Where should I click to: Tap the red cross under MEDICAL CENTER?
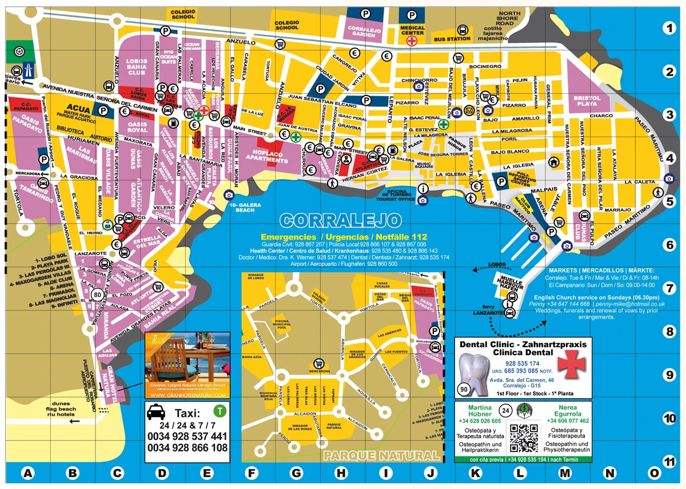coord(412,41)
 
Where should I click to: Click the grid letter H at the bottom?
coord(341,474)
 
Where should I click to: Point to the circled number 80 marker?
coord(97,295)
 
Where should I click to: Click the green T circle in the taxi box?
coord(218,410)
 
